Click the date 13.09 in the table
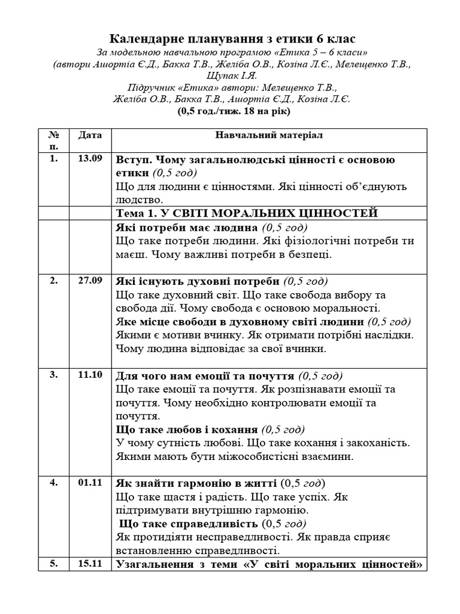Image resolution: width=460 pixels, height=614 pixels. (x=90, y=159)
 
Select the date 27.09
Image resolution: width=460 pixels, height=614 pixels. (x=90, y=280)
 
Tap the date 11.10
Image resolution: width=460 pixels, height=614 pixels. (x=90, y=375)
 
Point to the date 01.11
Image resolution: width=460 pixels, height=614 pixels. (x=90, y=483)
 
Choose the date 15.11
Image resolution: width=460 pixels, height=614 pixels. (x=90, y=563)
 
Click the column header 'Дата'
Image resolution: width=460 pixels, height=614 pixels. (x=90, y=135)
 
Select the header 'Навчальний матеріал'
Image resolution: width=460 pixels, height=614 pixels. (x=269, y=135)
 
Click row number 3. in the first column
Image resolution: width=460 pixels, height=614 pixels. (x=54, y=375)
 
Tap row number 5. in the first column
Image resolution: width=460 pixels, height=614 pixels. (x=54, y=563)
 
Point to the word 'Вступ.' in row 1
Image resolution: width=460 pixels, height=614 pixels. (x=131, y=160)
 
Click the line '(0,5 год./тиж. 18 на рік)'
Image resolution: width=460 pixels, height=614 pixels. (x=231, y=112)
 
